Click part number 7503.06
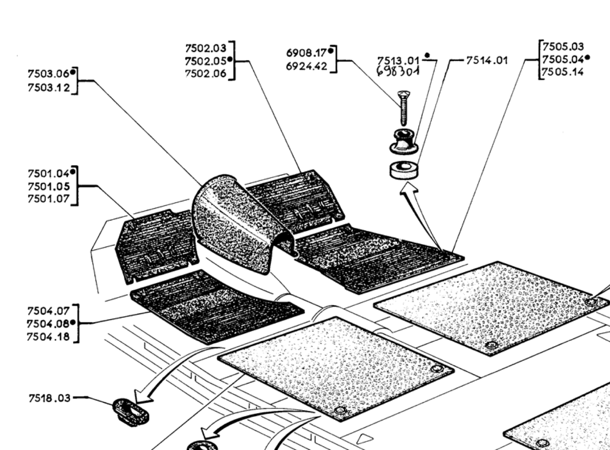[48, 74]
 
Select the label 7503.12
[48, 88]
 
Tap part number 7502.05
[205, 61]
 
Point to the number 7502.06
[205, 74]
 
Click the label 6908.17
[306, 53]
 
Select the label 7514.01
[487, 60]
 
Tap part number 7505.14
[563, 72]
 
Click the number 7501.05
[48, 186]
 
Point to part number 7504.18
[48, 337]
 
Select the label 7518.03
[49, 398]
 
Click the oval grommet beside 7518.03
[131, 411]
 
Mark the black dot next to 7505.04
[587, 58]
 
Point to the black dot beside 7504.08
[72, 322]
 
